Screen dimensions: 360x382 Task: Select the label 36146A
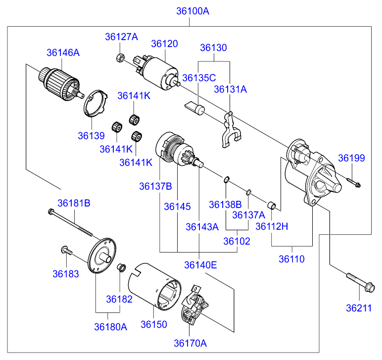click(63, 52)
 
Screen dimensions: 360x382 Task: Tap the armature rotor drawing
click(57, 83)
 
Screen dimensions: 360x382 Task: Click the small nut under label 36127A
click(121, 57)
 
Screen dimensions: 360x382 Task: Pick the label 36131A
click(230, 89)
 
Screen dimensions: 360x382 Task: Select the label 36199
click(351, 158)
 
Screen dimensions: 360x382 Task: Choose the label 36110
click(291, 258)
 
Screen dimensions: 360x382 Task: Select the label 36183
click(66, 273)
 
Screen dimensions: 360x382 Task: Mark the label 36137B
click(155, 186)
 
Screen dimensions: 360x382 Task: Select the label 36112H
click(272, 226)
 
